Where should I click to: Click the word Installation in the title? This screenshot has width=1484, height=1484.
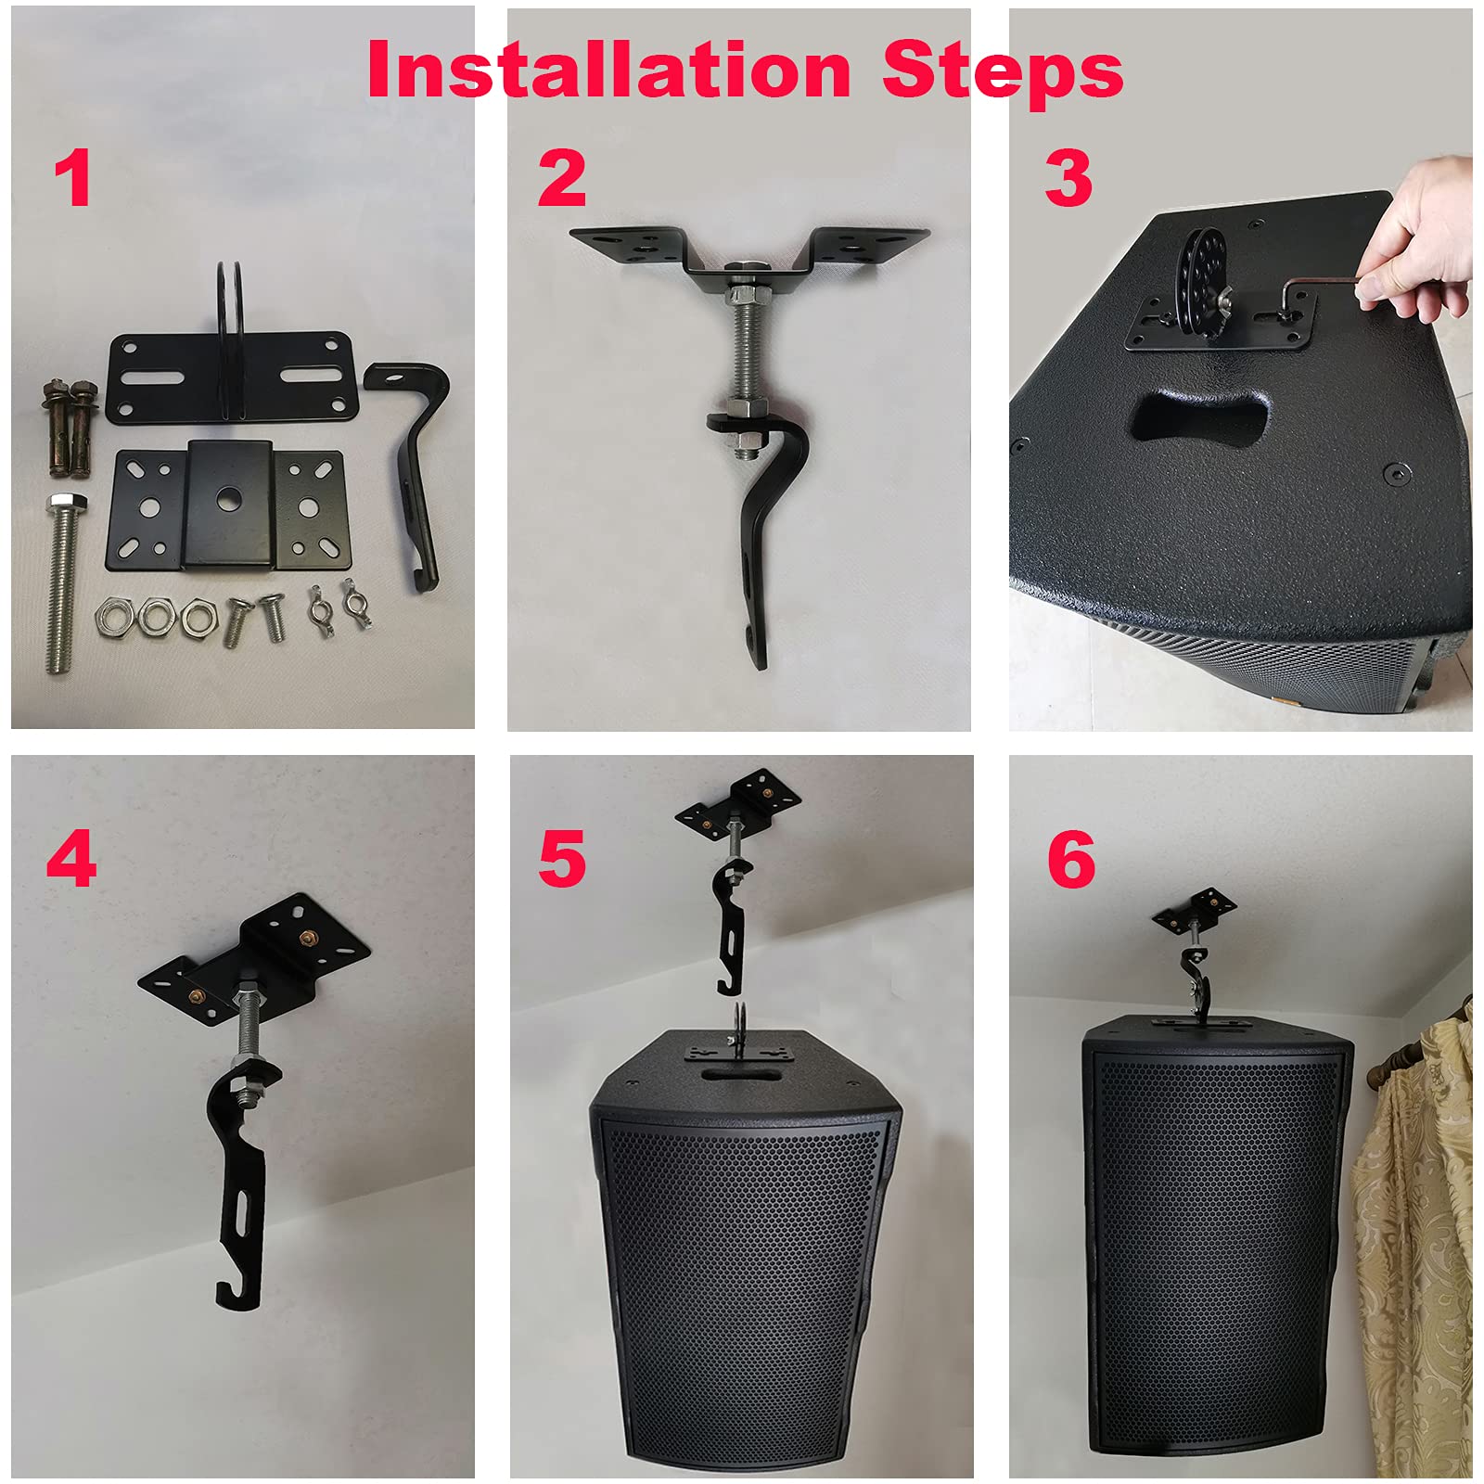point(608,70)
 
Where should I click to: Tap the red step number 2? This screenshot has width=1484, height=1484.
point(561,178)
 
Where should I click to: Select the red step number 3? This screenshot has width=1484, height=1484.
point(1068,178)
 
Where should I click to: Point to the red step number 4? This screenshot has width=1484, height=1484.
point(71,859)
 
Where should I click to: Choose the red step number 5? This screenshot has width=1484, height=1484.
point(561,859)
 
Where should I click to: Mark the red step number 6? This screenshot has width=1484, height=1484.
point(1070,859)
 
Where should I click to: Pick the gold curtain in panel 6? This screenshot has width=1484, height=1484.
point(1414,1234)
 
